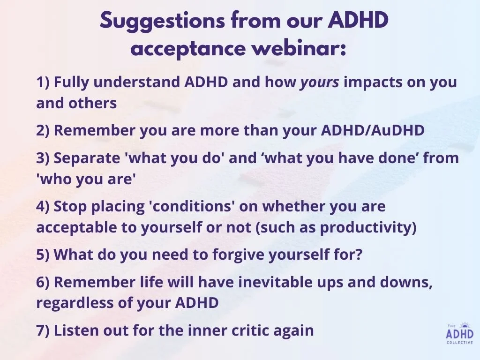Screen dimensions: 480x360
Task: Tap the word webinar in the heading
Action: [299, 48]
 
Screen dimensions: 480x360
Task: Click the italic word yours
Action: [320, 82]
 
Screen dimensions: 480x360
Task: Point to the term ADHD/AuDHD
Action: [373, 130]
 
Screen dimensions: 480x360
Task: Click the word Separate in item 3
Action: [87, 158]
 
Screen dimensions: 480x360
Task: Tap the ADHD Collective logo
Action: [460, 333]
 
